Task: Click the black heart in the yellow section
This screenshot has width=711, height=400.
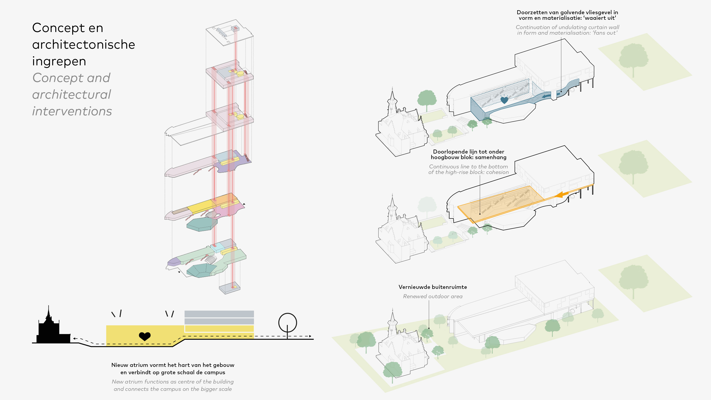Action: coord(145,336)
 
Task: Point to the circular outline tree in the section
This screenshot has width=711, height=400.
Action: coord(288,322)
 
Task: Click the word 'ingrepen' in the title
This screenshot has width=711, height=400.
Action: coord(59,61)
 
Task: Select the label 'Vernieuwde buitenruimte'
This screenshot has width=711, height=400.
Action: coord(433,287)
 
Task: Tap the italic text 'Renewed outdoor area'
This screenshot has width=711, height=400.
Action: coord(433,296)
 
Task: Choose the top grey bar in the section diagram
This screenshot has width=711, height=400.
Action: coord(219,314)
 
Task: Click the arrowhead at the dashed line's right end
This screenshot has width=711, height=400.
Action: coord(311,336)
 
